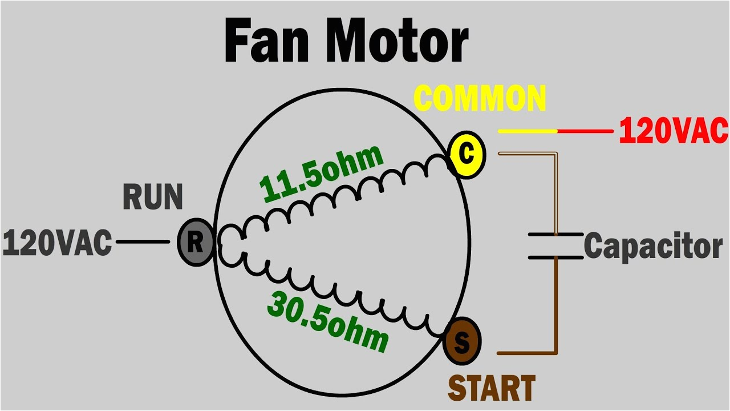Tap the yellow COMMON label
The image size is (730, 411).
tap(480, 99)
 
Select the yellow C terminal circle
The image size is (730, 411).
tap(467, 155)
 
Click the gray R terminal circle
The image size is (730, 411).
tap(196, 243)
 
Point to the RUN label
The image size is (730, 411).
tap(152, 198)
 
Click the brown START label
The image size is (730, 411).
tap(491, 388)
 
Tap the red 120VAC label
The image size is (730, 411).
tap(674, 131)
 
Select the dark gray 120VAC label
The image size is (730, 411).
tap(57, 243)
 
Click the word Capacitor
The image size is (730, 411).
tap(653, 247)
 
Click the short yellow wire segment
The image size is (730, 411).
tap(528, 131)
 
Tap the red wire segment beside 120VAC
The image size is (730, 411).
tap(585, 131)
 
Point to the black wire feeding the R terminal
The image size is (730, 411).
tap(143, 242)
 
